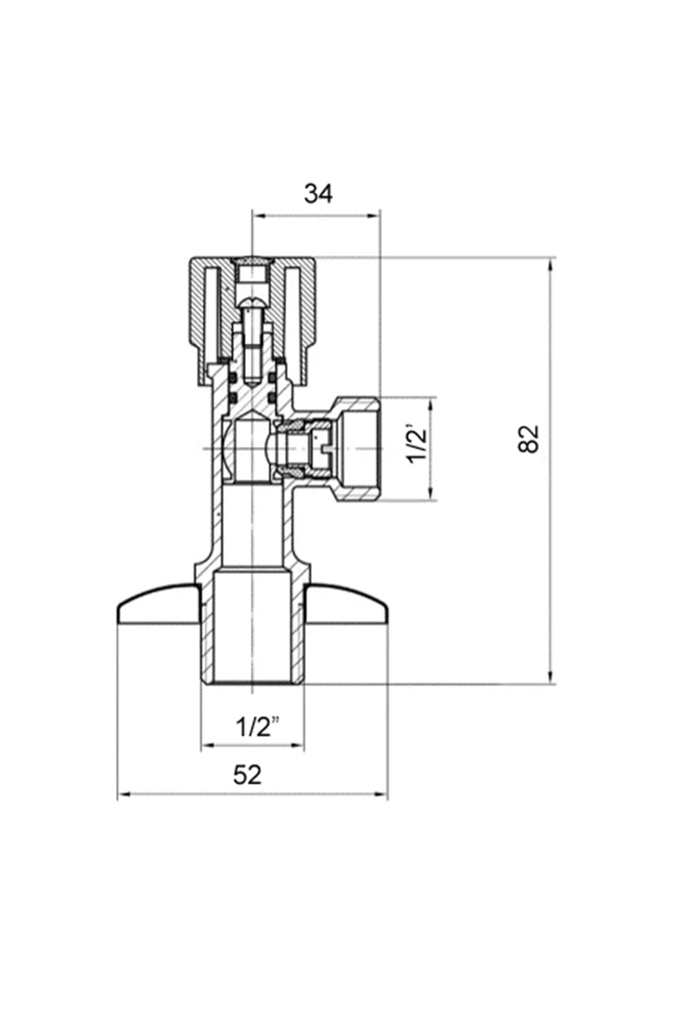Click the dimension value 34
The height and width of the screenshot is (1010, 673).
[318, 194]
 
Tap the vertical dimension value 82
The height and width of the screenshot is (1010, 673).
[528, 439]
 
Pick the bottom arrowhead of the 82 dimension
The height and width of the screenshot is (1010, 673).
[550, 690]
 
